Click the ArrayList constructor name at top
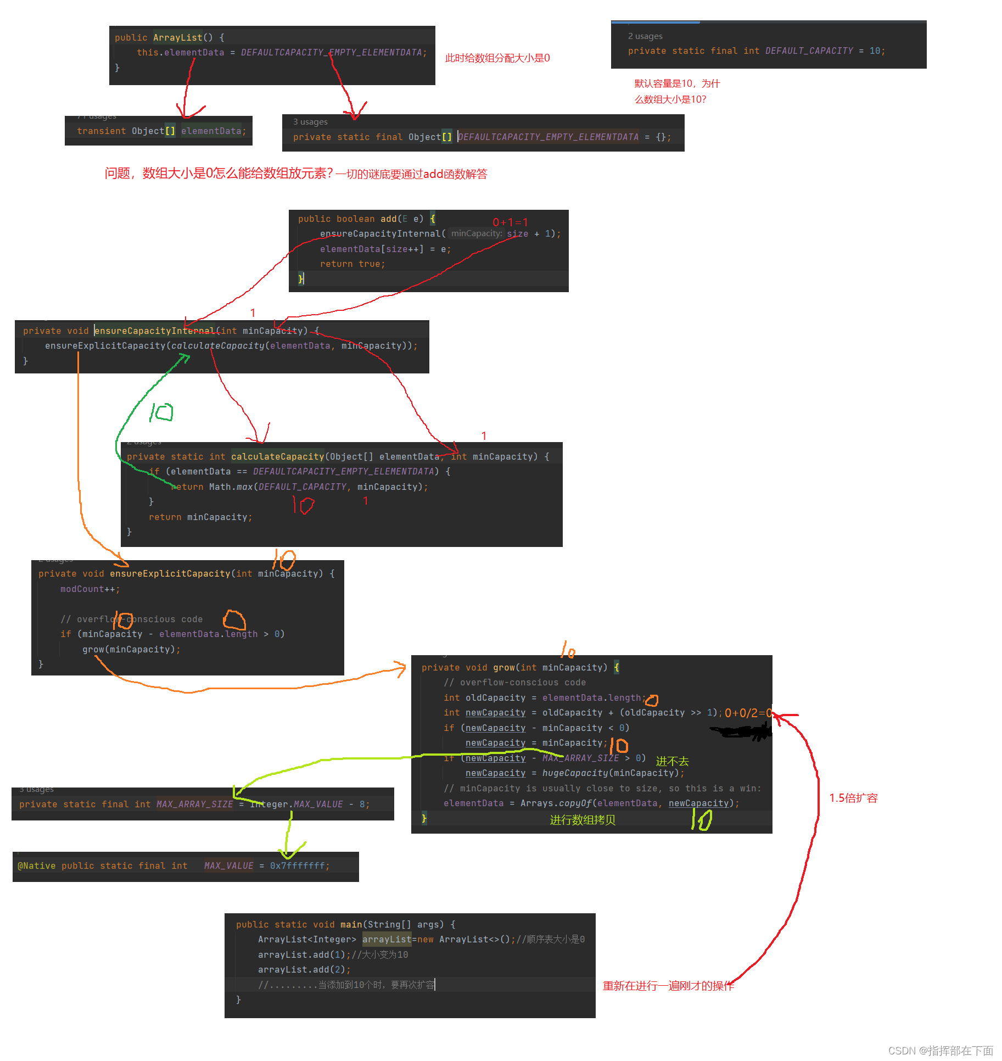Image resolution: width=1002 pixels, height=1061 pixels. (177, 37)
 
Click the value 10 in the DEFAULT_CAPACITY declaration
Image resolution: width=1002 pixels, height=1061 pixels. (875, 51)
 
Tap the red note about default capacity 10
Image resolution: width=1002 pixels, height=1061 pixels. (676, 91)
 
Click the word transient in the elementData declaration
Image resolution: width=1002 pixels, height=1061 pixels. (101, 131)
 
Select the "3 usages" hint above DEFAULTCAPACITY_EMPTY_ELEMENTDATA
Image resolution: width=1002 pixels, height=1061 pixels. (310, 122)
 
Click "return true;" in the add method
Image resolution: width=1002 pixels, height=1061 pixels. (352, 264)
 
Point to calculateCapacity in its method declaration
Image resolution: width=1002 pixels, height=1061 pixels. (277, 457)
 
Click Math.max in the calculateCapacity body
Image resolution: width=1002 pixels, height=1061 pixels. (230, 487)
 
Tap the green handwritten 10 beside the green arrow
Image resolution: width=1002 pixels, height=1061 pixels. (161, 412)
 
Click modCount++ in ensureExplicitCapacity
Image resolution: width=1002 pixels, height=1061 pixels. (89, 589)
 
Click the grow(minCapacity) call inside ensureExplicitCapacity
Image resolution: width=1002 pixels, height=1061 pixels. (131, 650)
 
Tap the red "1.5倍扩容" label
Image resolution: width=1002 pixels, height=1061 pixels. (853, 798)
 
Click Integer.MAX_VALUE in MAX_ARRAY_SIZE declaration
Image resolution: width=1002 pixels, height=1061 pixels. (296, 805)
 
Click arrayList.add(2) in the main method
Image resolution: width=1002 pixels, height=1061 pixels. (304, 970)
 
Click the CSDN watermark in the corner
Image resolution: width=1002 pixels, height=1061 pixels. (940, 1051)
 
